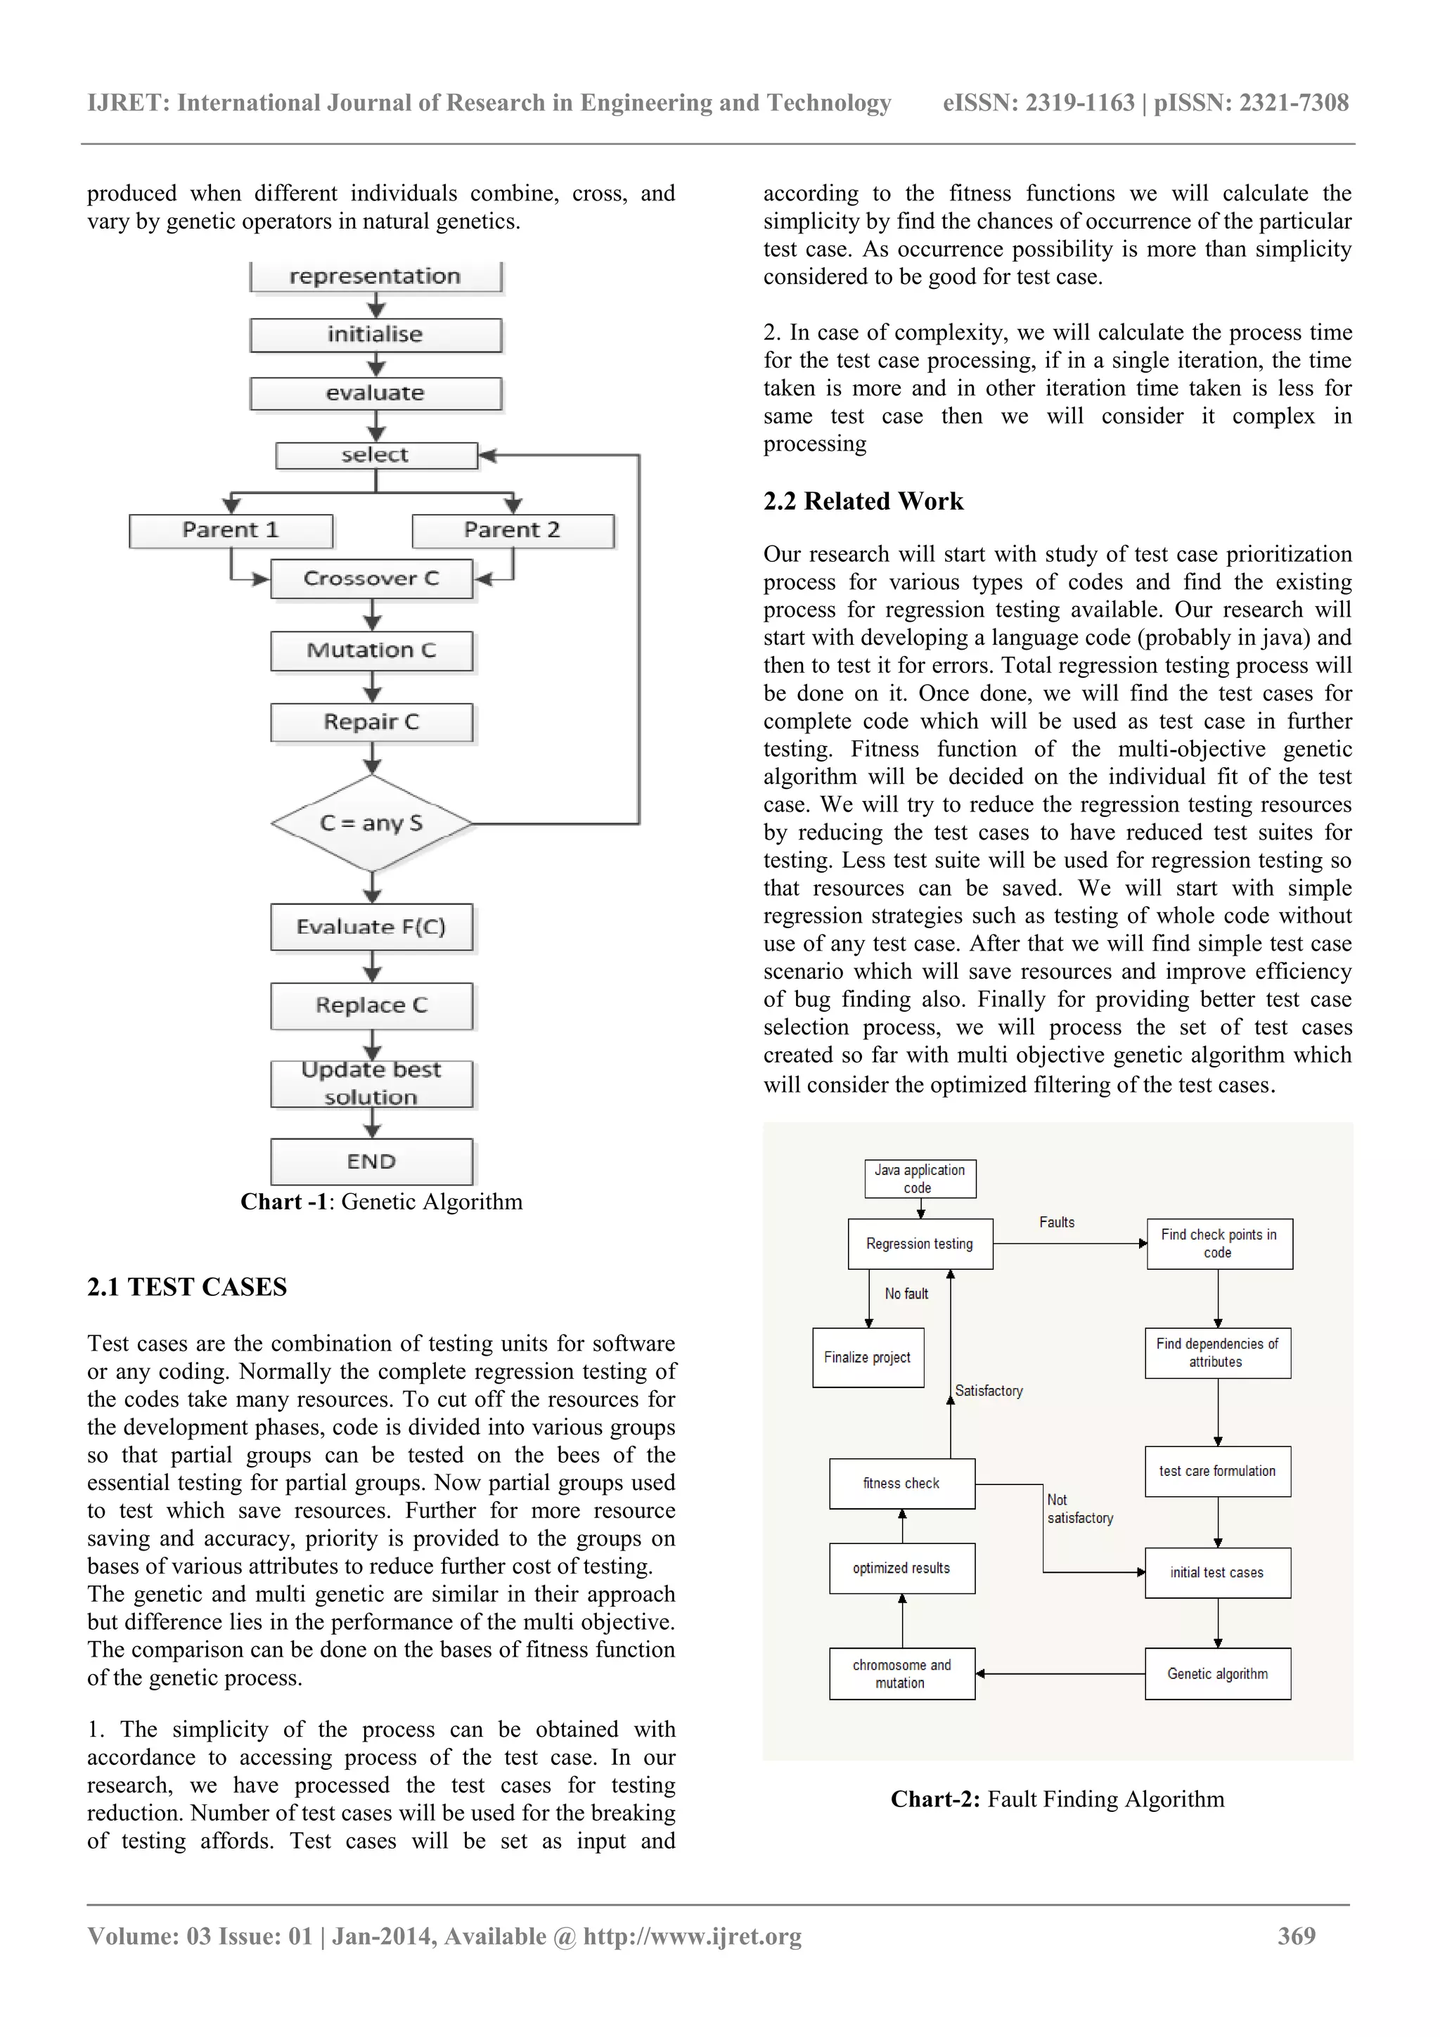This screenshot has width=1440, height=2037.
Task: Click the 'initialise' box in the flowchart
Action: point(375,335)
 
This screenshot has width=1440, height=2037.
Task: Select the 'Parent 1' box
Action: point(231,531)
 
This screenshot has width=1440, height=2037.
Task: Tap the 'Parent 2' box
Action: point(512,531)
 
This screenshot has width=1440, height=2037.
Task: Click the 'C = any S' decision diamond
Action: point(372,823)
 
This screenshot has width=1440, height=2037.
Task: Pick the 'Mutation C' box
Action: point(372,650)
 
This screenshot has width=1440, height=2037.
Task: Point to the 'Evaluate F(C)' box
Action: point(372,927)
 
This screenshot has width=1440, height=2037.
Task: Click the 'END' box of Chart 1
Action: point(372,1162)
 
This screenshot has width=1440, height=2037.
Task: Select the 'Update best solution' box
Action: point(372,1084)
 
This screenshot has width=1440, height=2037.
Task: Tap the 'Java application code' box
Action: point(920,1178)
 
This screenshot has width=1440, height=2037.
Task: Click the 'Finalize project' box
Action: point(868,1357)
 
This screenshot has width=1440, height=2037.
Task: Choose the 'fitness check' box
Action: point(901,1484)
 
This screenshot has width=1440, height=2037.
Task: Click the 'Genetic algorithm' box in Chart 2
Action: point(1217,1674)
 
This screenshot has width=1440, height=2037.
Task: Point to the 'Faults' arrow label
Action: point(1057,1223)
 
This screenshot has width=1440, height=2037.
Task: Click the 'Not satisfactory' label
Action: point(1079,1509)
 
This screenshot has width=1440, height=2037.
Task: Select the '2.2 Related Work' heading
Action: point(863,501)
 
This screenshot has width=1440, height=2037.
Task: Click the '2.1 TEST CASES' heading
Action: point(187,1287)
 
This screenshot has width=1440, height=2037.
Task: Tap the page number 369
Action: point(1297,1936)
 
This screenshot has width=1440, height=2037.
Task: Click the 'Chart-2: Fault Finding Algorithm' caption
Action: point(1057,1799)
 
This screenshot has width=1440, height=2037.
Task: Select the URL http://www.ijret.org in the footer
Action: point(692,1936)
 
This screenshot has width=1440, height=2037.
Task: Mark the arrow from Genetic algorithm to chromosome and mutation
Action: point(1060,1674)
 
